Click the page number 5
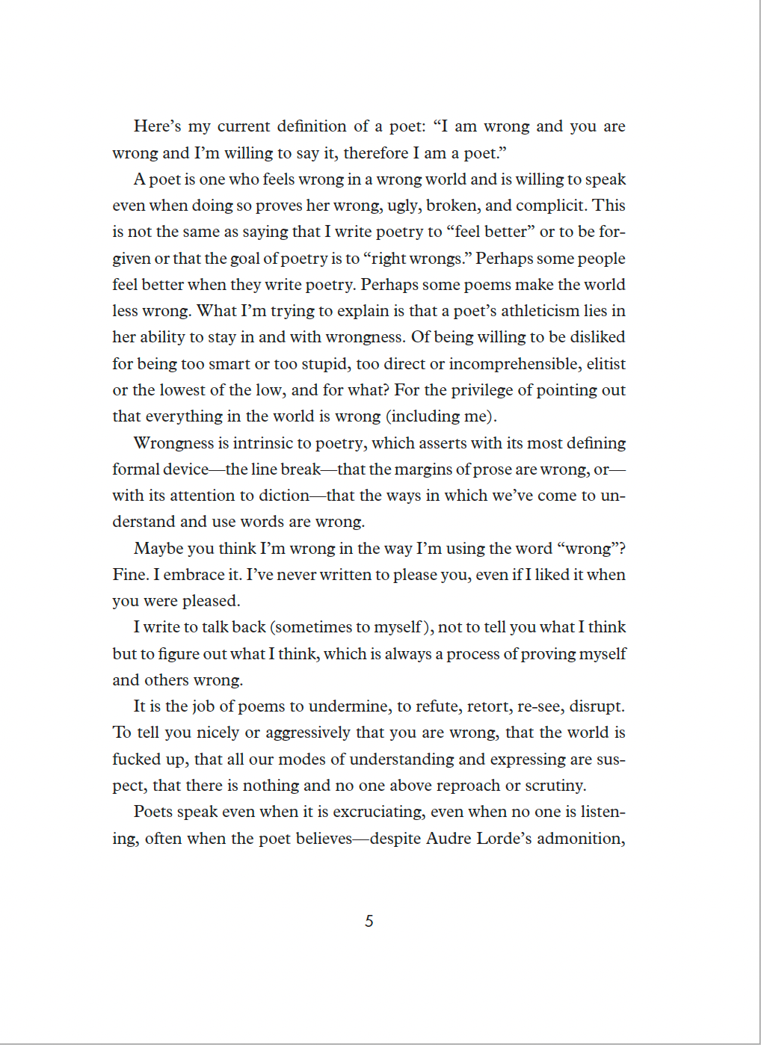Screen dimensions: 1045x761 369,921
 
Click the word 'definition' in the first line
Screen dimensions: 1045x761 312,126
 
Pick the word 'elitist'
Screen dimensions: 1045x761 606,364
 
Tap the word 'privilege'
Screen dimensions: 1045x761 482,390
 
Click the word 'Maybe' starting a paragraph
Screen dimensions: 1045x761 158,549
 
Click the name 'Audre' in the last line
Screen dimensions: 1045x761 448,839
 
